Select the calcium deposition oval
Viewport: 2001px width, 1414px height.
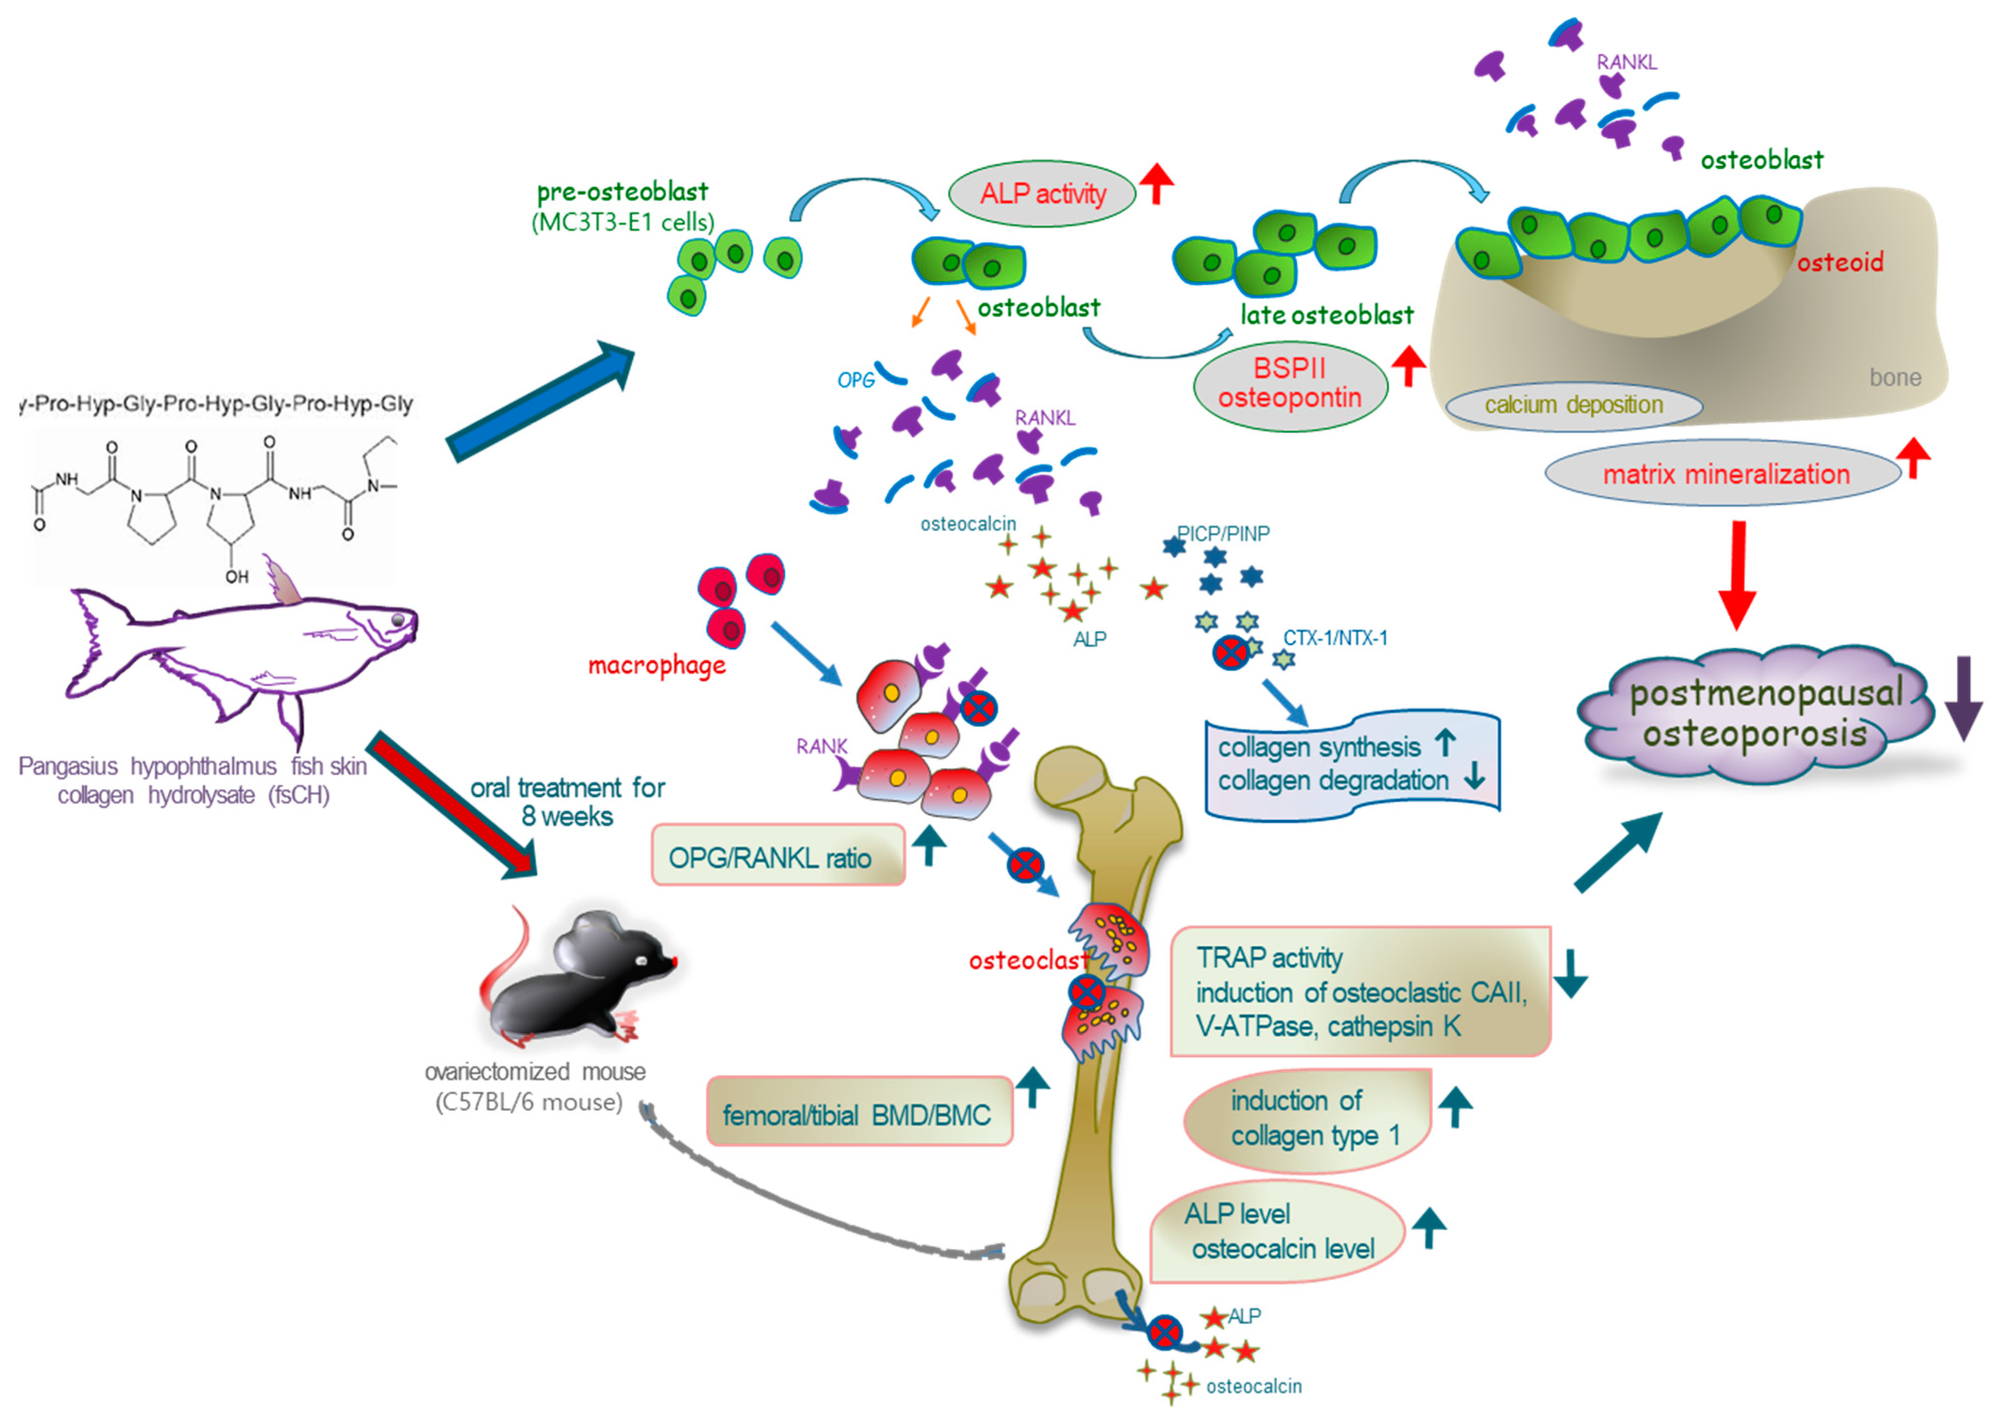click(1573, 405)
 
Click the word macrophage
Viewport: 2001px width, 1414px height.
click(656, 666)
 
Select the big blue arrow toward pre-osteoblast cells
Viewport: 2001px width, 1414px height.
click(540, 401)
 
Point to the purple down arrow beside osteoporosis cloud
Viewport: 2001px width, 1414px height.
click(1964, 697)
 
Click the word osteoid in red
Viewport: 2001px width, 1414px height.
click(1839, 262)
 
